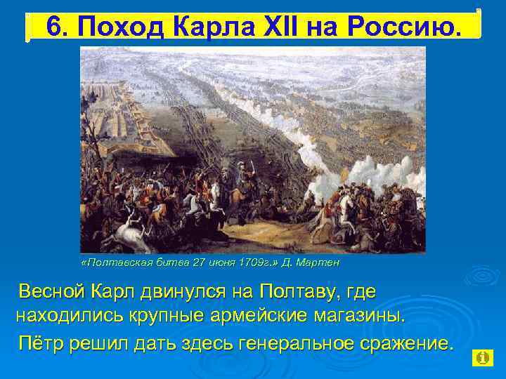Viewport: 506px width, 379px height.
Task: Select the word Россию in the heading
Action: pos(401,27)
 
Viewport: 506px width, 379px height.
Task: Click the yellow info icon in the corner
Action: pos(483,358)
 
